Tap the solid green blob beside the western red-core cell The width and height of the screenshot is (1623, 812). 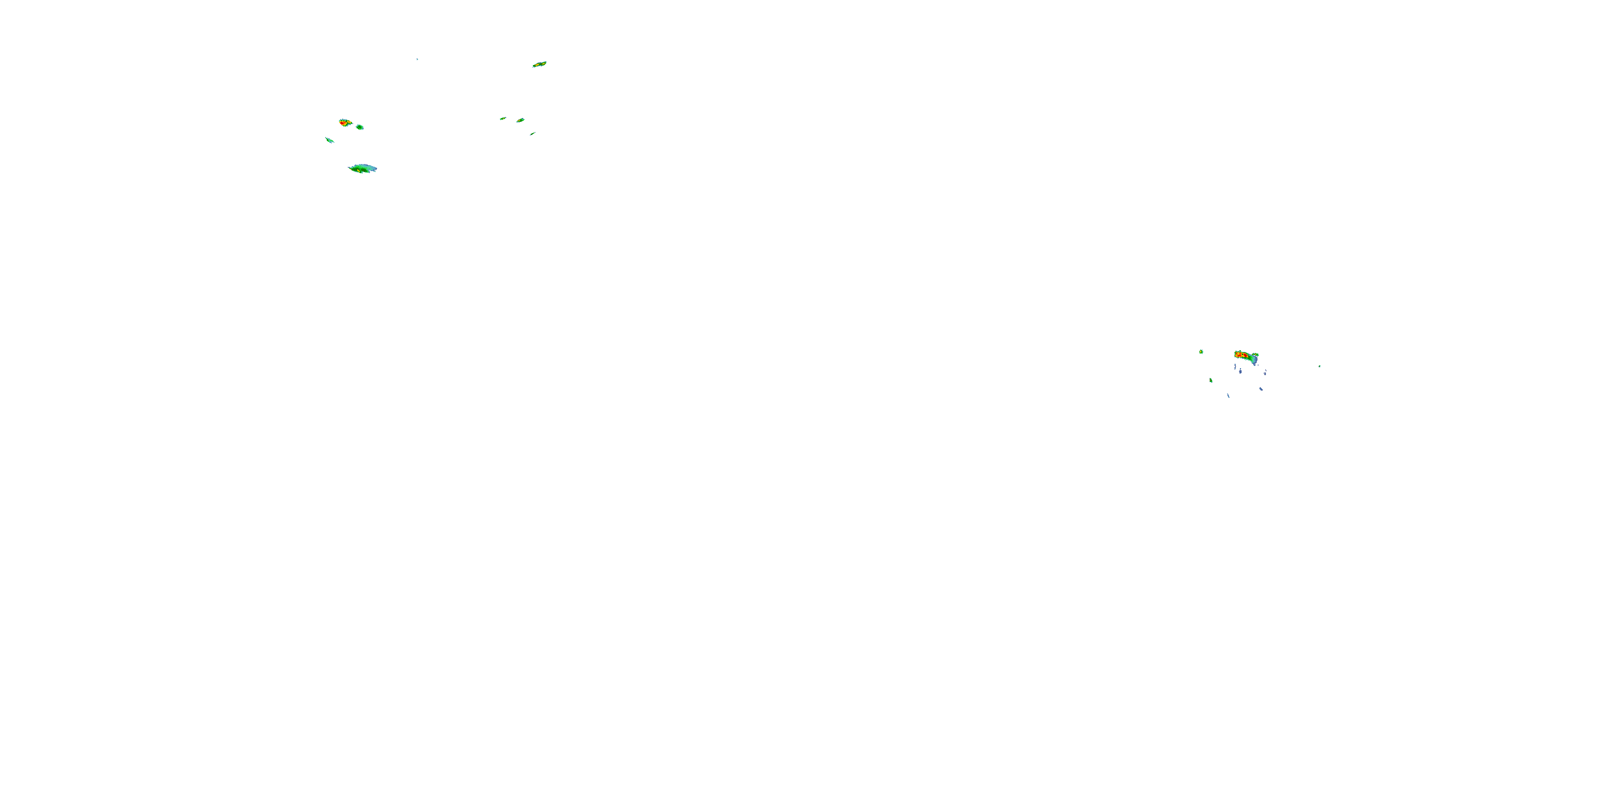pyautogui.click(x=360, y=127)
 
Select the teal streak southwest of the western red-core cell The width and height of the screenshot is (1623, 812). pyautogui.click(x=329, y=140)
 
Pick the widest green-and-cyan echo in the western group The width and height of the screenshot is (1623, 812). pyautogui.click(x=363, y=168)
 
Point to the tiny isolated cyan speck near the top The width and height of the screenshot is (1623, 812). pyautogui.click(x=417, y=59)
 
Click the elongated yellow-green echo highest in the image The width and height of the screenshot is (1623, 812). pyautogui.click(x=539, y=64)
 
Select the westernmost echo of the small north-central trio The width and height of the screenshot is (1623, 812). pyautogui.click(x=503, y=119)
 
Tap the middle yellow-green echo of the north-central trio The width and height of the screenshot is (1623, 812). pyautogui.click(x=520, y=120)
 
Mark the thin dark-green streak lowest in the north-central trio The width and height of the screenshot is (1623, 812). pyautogui.click(x=532, y=134)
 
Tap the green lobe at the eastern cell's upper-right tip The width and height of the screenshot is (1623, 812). pyautogui.click(x=1256, y=356)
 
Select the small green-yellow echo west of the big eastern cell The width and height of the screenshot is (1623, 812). pyautogui.click(x=1202, y=352)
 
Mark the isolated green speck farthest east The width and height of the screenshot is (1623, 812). pyautogui.click(x=1319, y=366)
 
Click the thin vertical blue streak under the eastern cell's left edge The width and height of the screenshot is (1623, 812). pyautogui.click(x=1235, y=366)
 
